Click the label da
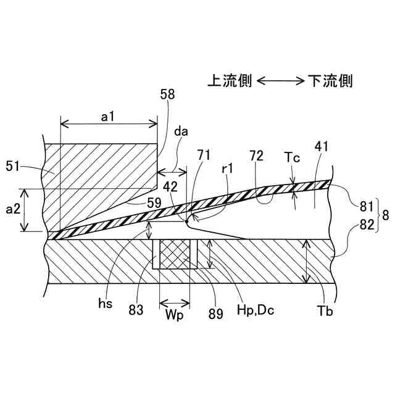(181, 131)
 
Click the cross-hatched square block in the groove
(175, 254)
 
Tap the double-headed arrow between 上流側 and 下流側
(280, 81)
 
